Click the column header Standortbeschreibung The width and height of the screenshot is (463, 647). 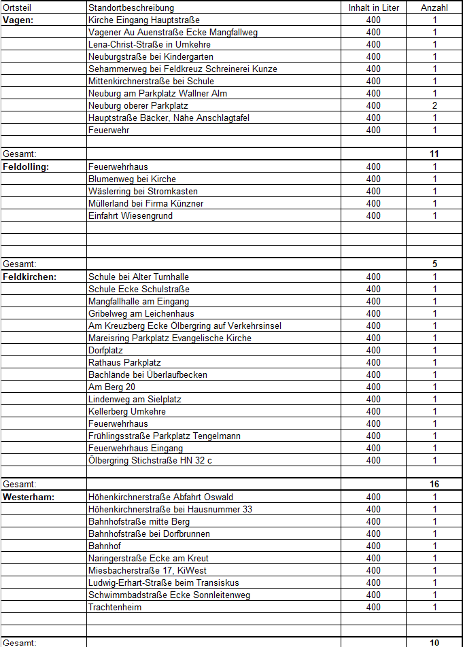(131, 7)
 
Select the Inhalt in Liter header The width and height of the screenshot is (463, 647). (373, 7)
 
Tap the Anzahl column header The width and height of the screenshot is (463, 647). (434, 7)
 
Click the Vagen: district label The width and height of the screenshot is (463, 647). (18, 20)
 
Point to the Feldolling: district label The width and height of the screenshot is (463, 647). (27, 167)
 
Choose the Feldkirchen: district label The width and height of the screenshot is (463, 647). (29, 277)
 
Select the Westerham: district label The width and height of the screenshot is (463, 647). (28, 497)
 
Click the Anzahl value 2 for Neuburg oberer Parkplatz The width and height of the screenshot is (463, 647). (434, 105)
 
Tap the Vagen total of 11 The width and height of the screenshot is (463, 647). (434, 154)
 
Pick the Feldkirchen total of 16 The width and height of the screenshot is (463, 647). (434, 485)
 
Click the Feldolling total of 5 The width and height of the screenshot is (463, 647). (434, 264)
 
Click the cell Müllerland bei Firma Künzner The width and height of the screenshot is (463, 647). (146, 203)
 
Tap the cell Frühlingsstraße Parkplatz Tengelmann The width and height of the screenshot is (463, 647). (165, 436)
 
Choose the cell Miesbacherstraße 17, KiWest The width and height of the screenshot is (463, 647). (148, 570)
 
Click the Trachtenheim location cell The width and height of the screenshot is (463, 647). (115, 607)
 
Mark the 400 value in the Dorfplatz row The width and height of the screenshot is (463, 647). (373, 350)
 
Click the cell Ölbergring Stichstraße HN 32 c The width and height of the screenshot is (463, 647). (150, 460)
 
